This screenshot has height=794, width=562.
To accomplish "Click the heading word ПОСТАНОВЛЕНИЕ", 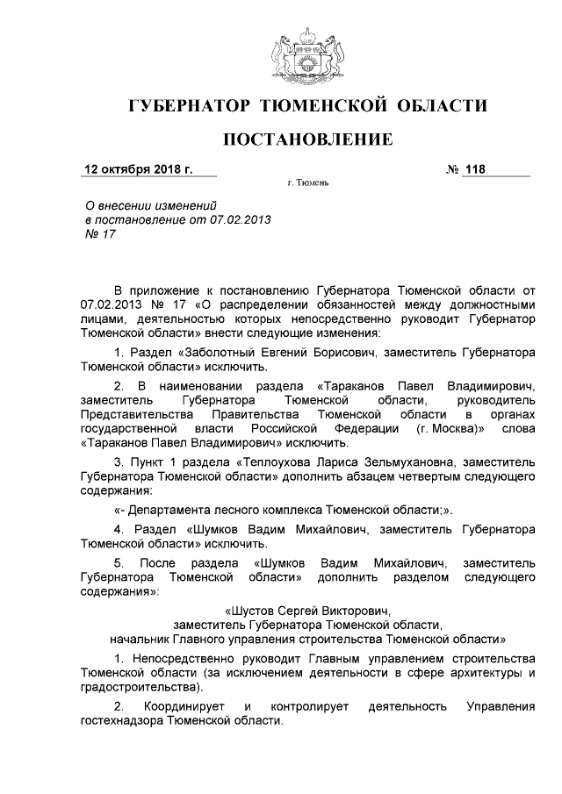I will [x=306, y=139].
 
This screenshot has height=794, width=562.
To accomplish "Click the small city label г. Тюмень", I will [x=307, y=185].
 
